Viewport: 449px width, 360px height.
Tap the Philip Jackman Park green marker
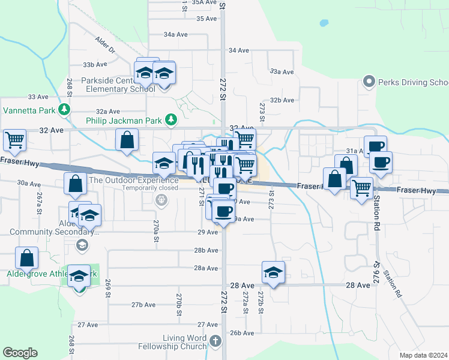coord(170,120)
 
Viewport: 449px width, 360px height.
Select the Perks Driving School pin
coord(369,82)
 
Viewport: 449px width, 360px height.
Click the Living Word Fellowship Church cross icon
coord(215,341)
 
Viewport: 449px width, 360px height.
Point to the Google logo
coord(20,353)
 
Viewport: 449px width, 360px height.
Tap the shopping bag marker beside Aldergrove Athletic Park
coord(27,259)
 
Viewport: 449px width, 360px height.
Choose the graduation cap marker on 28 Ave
coord(273,272)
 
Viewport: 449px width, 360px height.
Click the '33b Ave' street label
coord(95,64)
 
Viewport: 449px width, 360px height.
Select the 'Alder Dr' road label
coord(103,46)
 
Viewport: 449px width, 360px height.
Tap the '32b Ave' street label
coord(282,100)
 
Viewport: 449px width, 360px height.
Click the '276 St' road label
coord(378,268)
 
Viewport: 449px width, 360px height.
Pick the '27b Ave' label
coord(144,305)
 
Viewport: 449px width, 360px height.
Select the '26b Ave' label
coord(243,333)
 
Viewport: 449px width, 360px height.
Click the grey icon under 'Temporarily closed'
coord(161,200)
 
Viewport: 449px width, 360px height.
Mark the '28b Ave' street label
coord(205,250)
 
